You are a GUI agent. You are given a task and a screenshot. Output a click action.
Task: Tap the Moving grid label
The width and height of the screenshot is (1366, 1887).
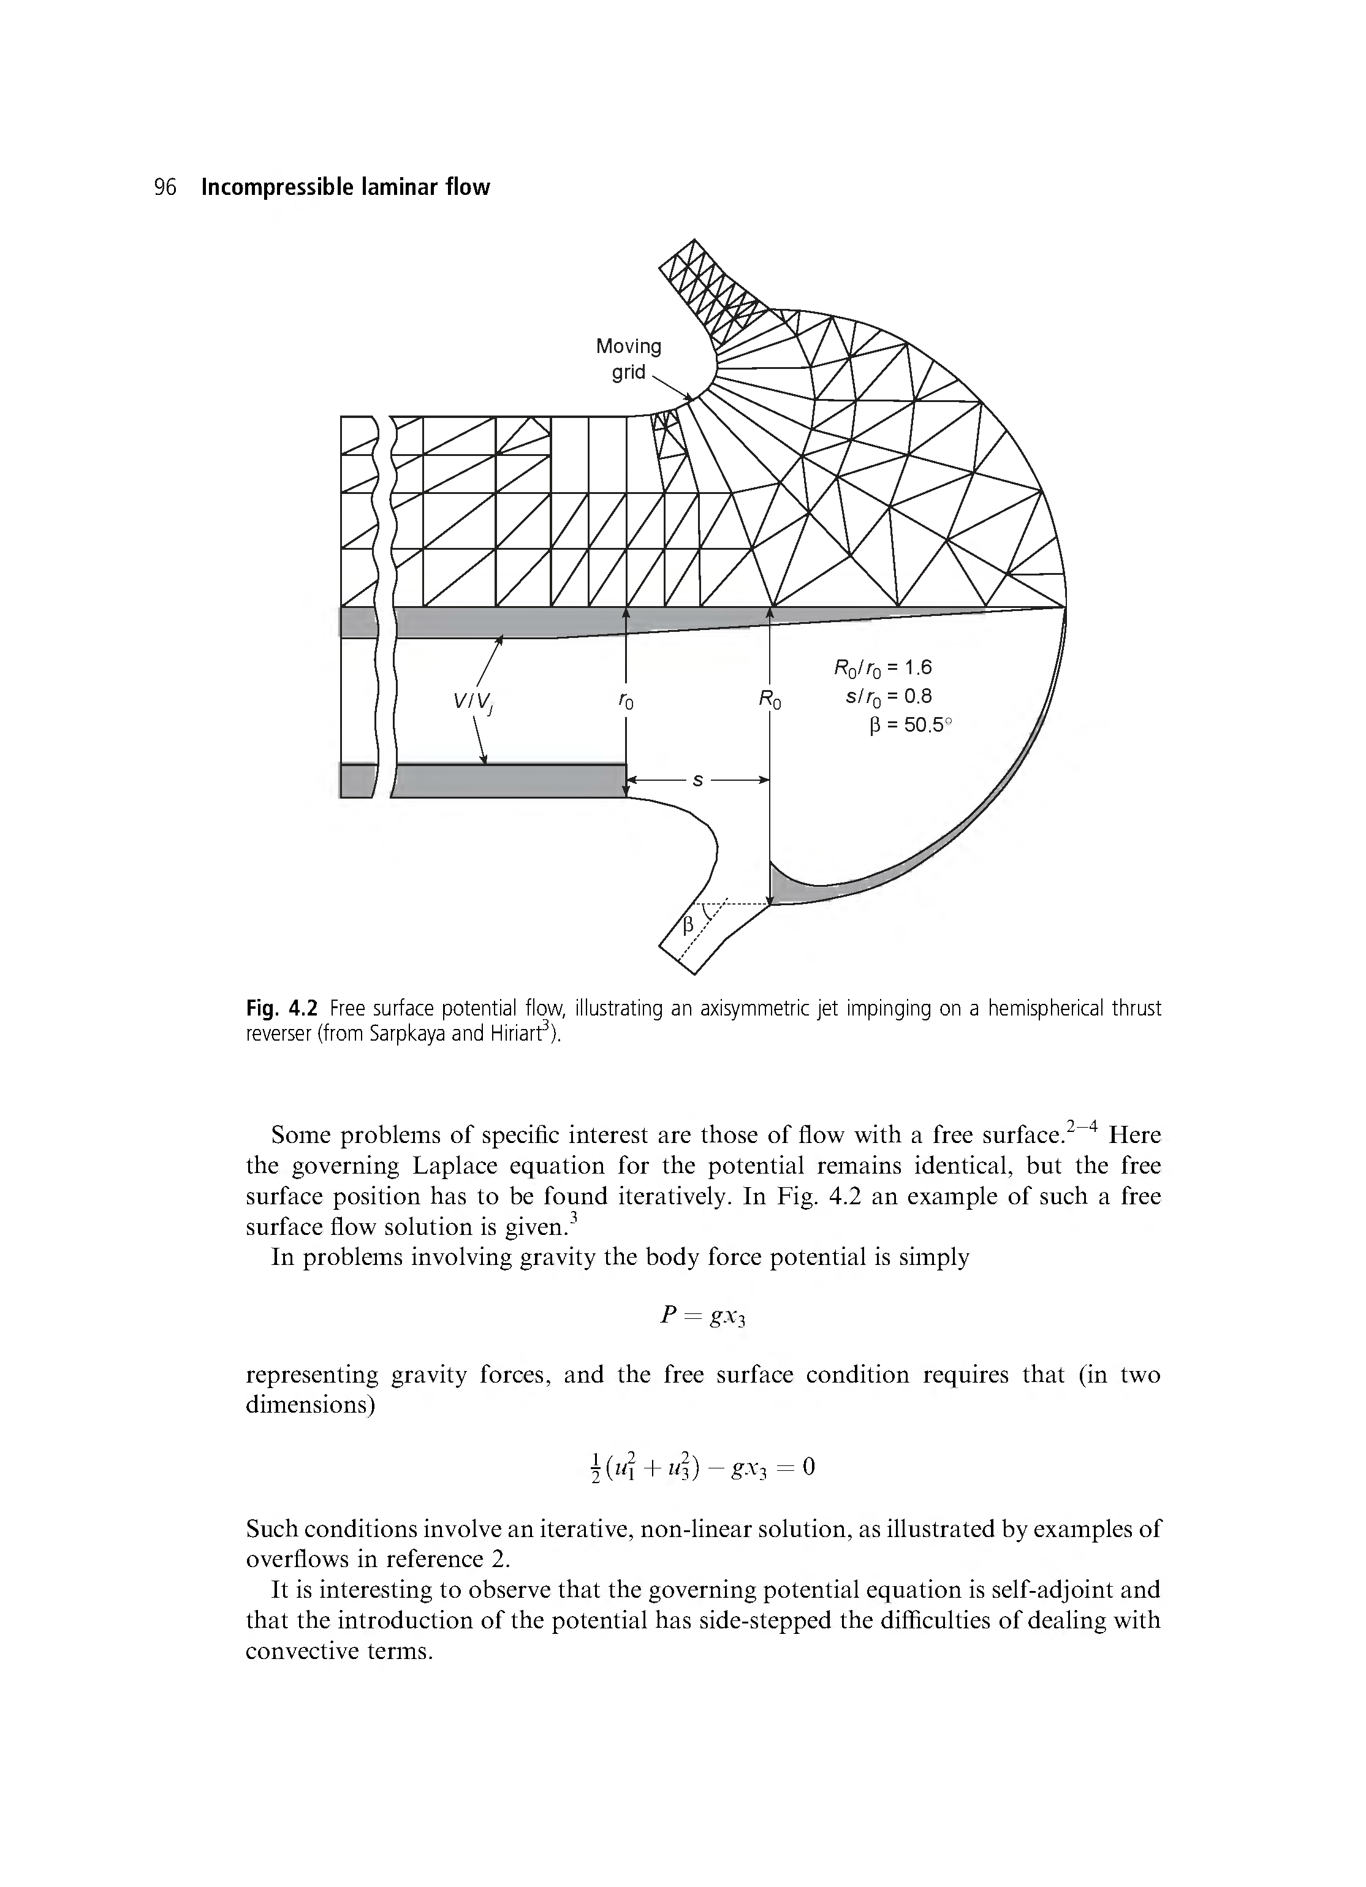628,359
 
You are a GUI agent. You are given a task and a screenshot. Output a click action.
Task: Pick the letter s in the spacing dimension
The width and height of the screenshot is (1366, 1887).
698,780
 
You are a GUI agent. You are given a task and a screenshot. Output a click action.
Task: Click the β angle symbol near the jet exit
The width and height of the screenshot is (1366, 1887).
688,925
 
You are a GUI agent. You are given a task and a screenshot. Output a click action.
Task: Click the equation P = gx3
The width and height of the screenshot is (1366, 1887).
703,1316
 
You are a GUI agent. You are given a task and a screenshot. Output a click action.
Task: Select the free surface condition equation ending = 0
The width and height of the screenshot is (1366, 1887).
703,1467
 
